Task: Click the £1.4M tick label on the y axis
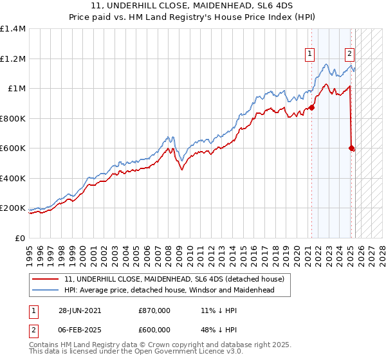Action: coord(13,29)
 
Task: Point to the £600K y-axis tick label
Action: coord(13,148)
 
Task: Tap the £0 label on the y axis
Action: coord(19,238)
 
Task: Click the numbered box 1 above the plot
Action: coord(311,54)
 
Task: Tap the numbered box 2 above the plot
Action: coord(349,54)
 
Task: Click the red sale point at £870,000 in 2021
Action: coord(312,108)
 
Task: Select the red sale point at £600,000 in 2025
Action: coord(351,148)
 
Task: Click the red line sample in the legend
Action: coord(45,279)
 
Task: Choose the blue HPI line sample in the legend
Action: coord(45,290)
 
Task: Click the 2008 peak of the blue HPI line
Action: coord(169,136)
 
